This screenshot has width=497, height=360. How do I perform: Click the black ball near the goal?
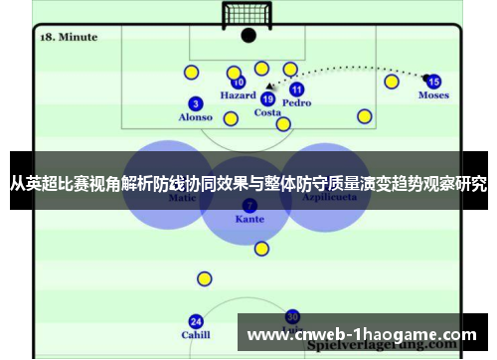pos(248,35)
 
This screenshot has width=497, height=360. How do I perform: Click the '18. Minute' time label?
pos(68,37)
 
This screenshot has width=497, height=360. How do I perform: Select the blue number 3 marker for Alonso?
pos(195,102)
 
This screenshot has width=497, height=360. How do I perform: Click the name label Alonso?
pos(195,117)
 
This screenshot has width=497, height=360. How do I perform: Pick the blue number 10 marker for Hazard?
pos(239,83)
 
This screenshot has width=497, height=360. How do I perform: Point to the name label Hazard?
pos(239,96)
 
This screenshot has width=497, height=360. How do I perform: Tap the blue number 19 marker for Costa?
pos(267,98)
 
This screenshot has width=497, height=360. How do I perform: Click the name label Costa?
pos(267,112)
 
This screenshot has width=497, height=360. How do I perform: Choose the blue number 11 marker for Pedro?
pos(296,89)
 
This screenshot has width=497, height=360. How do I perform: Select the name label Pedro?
pos(296,102)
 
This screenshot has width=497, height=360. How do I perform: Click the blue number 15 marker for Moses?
pos(433,82)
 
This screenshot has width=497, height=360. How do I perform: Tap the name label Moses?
pos(433,95)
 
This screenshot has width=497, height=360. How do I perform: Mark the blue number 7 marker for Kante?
pos(248,204)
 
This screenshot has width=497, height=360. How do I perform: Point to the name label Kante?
pos(248,218)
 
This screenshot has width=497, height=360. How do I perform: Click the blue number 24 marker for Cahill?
pos(196,321)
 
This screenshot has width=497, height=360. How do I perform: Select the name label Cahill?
pos(196,335)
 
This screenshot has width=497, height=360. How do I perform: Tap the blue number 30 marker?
pos(292,315)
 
